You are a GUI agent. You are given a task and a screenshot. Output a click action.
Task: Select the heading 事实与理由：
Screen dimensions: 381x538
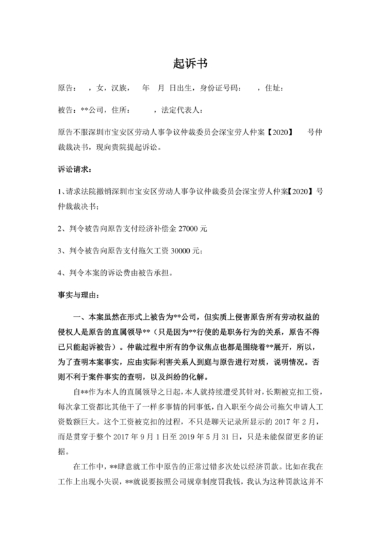tap(80, 295)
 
